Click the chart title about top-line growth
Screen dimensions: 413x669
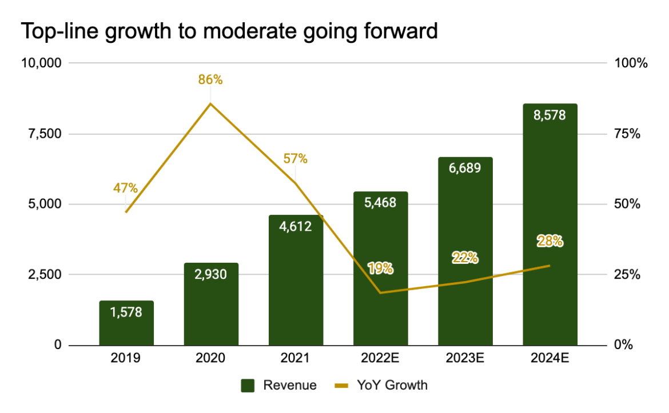[229, 31]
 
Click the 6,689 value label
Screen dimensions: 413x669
[465, 168]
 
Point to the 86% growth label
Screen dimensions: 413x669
[210, 80]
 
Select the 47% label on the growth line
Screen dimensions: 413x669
[126, 188]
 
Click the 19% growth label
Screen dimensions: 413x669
[380, 268]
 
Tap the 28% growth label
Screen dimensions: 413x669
[550, 242]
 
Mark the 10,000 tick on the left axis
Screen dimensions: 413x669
[42, 63]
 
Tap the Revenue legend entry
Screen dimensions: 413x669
[278, 385]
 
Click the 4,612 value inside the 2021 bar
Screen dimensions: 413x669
[296, 226]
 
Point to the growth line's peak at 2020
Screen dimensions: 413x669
[210, 103]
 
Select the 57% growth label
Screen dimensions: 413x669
[296, 159]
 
